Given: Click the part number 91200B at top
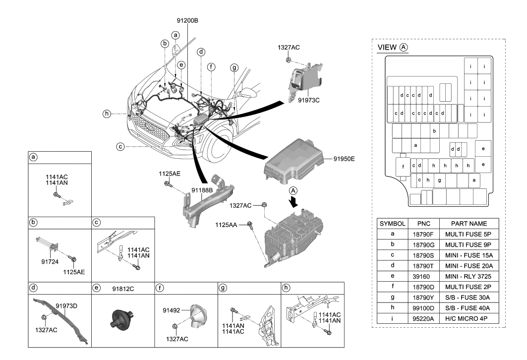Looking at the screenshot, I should (x=187, y=21).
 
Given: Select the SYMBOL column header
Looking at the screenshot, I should (x=393, y=224).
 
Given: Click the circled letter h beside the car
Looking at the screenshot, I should (x=106, y=114).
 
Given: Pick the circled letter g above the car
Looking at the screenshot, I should (x=234, y=68).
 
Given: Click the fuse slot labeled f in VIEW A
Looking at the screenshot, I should (x=403, y=166).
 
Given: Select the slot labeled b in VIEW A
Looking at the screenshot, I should (x=434, y=131).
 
